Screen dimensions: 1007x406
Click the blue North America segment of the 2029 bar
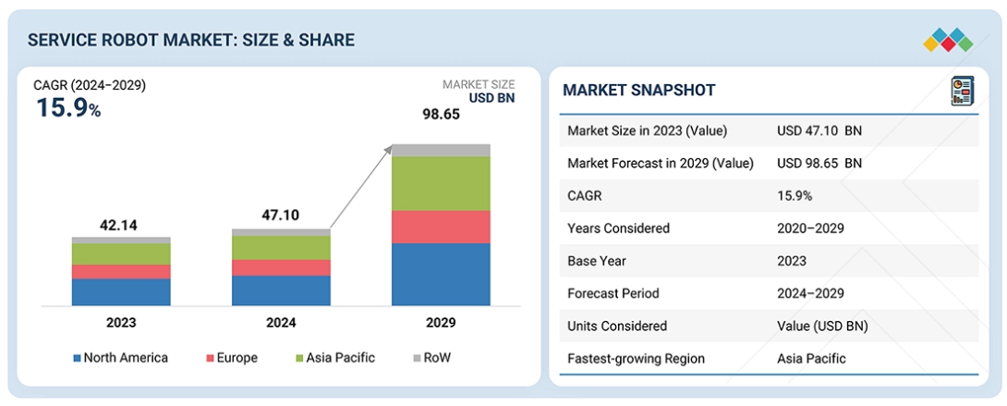tap(441, 275)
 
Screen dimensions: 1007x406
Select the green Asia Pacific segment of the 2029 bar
tap(441, 183)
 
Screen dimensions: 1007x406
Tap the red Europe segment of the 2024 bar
tap(281, 268)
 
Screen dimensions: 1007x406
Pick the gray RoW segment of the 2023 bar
tap(121, 240)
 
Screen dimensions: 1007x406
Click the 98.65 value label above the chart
tap(441, 115)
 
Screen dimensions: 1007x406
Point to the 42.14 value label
tap(121, 226)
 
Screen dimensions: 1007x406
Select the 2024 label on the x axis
tap(281, 323)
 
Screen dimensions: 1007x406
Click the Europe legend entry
tap(232, 358)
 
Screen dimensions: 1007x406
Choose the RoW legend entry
tap(432, 358)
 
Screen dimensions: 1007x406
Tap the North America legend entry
tap(121, 358)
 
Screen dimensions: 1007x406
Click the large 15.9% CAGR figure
tap(68, 107)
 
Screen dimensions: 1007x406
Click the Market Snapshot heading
tap(639, 91)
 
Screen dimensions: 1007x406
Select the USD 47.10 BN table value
tap(819, 131)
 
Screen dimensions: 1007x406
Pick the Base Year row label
tap(596, 262)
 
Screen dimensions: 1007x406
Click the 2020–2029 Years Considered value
tap(810, 228)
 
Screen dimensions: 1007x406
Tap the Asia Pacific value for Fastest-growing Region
tap(811, 359)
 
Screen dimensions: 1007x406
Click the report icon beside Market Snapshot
tap(962, 91)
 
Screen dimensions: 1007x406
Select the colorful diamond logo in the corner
tap(948, 40)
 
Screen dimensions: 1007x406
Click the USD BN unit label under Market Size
tap(491, 98)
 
